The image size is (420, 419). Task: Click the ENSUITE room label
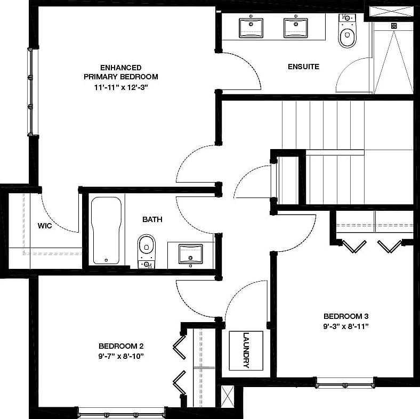coord(303,67)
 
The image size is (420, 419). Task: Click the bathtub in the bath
coord(107,231)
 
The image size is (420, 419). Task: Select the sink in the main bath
coord(190,254)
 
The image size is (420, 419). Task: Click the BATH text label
coord(152,219)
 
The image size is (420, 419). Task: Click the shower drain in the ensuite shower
coord(394,25)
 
